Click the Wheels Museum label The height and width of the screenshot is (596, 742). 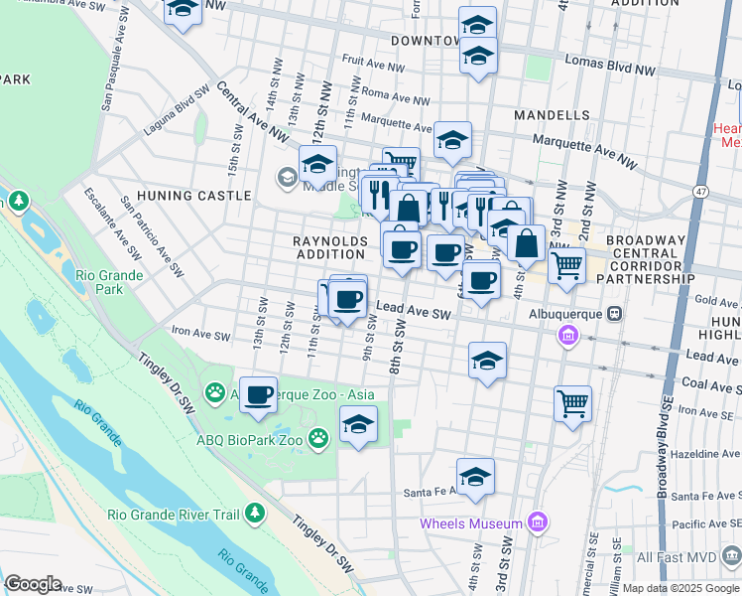470,523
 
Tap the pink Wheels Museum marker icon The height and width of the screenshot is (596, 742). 538,521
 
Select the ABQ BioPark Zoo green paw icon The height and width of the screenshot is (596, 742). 318,437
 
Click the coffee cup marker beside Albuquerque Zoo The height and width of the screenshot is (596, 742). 258,394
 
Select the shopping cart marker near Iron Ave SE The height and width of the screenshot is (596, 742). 572,402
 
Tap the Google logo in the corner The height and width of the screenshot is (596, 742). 33,584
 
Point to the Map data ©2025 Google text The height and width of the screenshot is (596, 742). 680,588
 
